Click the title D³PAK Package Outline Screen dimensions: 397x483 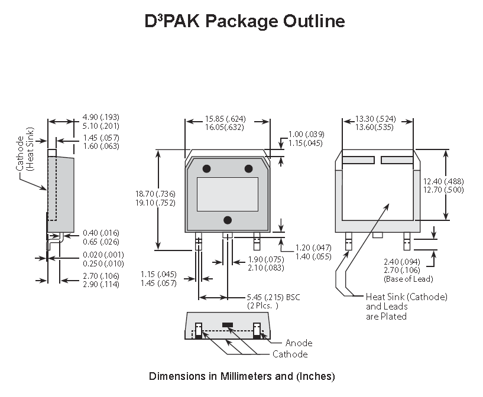coord(245,21)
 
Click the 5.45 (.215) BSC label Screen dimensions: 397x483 coord(273,297)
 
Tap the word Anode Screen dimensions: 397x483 coord(299,343)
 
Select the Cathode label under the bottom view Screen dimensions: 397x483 coord(290,354)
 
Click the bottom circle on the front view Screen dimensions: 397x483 coord(228,220)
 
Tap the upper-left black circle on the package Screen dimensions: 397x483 coord(207,169)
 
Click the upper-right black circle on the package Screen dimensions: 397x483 coord(248,169)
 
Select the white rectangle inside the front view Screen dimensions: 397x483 coord(228,194)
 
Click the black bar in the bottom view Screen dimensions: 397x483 coord(228,324)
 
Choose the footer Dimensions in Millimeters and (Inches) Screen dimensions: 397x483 coord(242,376)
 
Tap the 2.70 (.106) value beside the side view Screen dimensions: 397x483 coord(101,275)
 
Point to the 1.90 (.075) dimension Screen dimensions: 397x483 coord(266,259)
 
